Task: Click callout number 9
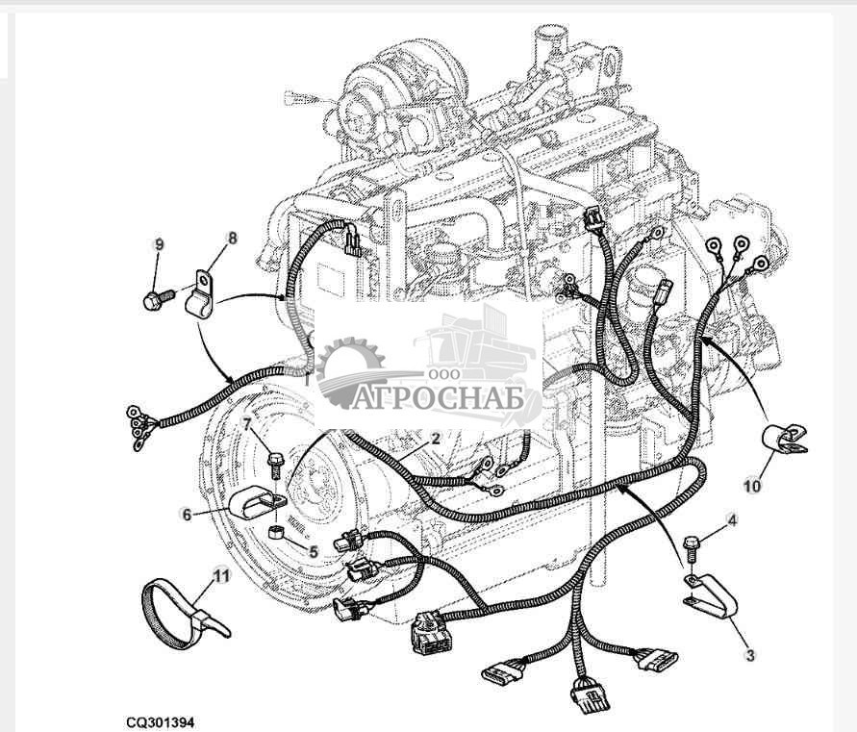click(x=161, y=244)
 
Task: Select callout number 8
click(x=231, y=237)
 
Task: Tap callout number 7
click(x=247, y=423)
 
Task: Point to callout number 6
click(x=188, y=514)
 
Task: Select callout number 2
click(x=435, y=439)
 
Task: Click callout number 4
click(x=732, y=520)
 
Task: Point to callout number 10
click(x=751, y=486)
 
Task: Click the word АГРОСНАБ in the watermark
click(x=437, y=398)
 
